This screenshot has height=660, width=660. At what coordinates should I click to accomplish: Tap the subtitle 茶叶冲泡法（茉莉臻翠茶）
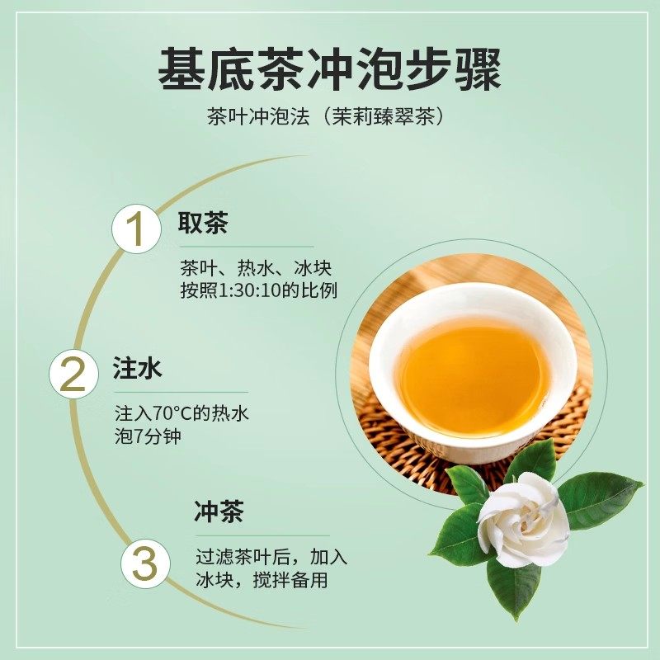coord(329,116)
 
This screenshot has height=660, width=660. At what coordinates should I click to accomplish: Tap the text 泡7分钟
coord(148,436)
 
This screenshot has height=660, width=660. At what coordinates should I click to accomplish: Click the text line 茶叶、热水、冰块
coord(256,269)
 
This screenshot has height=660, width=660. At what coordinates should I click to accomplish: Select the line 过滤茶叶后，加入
coord(271,557)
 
